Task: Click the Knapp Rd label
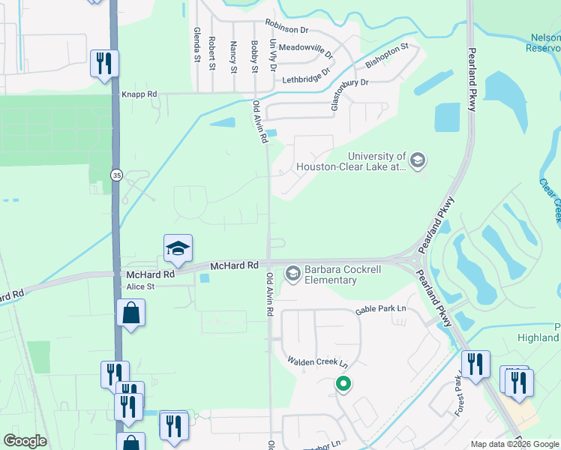(x=139, y=94)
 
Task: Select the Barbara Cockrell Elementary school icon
(x=292, y=274)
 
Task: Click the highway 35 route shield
(x=116, y=175)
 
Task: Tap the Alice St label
(x=140, y=286)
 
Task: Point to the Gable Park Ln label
(x=380, y=309)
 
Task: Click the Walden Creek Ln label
(x=318, y=361)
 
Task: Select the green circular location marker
(x=343, y=385)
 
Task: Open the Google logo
(x=25, y=441)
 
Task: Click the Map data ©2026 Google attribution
(x=514, y=444)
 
